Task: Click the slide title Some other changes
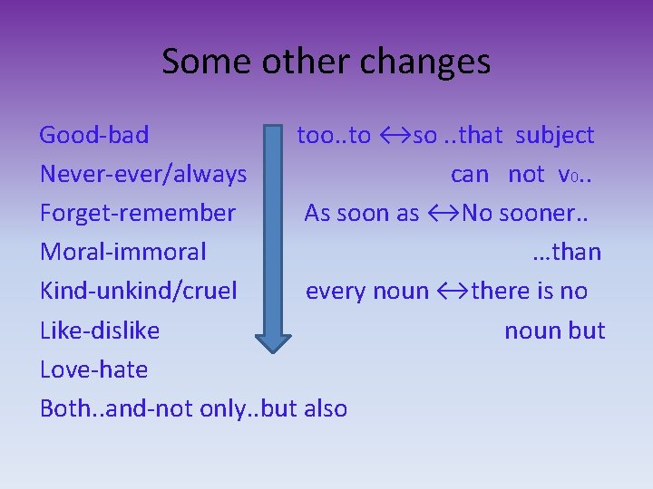[326, 62]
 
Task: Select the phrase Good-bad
[94, 136]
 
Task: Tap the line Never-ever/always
[143, 175]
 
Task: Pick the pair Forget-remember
[138, 214]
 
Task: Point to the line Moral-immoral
[123, 253]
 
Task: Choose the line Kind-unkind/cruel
[139, 292]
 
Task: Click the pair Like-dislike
[100, 331]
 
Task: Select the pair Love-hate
[94, 369]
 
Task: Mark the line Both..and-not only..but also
[193, 408]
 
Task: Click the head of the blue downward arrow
[273, 340]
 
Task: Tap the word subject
[555, 136]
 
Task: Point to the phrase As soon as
[362, 214]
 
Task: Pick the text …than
[568, 253]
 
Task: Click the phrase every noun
[367, 292]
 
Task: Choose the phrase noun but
[554, 331]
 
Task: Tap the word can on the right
[470, 175]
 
